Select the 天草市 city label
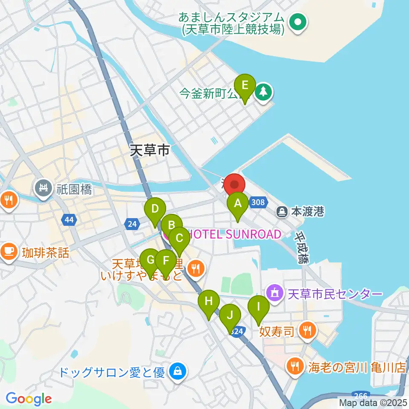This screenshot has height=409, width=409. click(x=150, y=150)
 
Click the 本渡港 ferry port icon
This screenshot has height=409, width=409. click(x=282, y=211)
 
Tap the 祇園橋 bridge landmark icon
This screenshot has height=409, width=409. click(x=43, y=187)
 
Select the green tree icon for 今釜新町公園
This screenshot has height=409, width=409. click(x=264, y=91)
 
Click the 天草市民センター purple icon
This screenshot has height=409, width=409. click(x=274, y=293)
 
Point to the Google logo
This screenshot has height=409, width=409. click(x=29, y=398)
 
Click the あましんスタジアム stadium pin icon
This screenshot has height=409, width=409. click(x=297, y=23)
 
